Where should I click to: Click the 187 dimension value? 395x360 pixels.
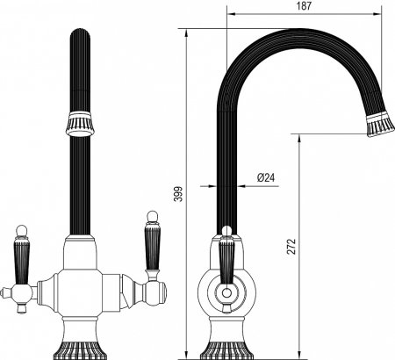(305, 6)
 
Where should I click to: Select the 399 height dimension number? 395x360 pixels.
(178, 194)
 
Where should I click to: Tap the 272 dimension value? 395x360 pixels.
(291, 247)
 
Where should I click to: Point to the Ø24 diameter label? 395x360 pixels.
(266, 177)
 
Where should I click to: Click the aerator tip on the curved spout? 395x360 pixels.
(380, 125)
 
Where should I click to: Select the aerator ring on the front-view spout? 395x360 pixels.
(80, 125)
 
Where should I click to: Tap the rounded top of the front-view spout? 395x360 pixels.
(80, 32)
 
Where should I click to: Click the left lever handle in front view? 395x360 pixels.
(21, 262)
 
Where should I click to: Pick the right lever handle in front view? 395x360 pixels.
(153, 248)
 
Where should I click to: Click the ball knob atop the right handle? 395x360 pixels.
(152, 217)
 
